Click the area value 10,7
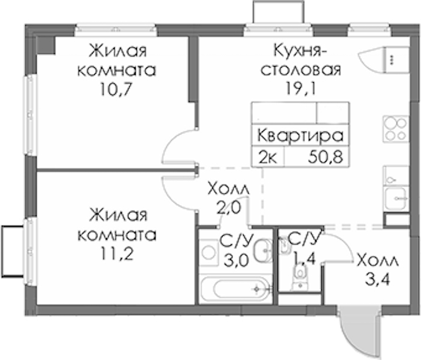pyautogui.click(x=116, y=89)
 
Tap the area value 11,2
pyautogui.click(x=117, y=253)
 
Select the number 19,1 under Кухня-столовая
pyautogui.click(x=300, y=89)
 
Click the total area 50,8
pyautogui.click(x=326, y=157)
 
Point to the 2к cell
pyautogui.click(x=268, y=157)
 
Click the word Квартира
pyautogui.click(x=300, y=136)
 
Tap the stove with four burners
pyautogui.click(x=396, y=129)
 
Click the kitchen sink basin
pyautogui.click(x=396, y=199)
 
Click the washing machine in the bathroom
pyautogui.click(x=208, y=253)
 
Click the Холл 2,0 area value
pyautogui.click(x=228, y=208)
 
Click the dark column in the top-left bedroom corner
pyautogui.click(x=46, y=45)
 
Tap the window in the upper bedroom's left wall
pyautogui.click(x=31, y=115)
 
